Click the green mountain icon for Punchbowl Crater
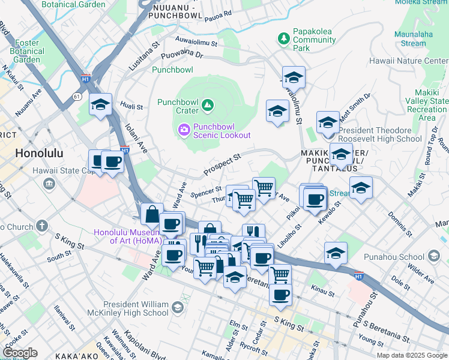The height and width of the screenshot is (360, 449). [x=208, y=106]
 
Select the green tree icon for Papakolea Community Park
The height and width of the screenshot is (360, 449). [x=283, y=39]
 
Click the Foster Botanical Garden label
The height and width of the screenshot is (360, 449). [x=26, y=51]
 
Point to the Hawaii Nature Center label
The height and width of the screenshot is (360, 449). [x=416, y=61]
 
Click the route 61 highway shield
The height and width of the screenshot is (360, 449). [x=76, y=96]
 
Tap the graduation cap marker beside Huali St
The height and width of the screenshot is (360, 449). [x=100, y=105]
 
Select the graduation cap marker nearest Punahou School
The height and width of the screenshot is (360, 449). [x=336, y=253]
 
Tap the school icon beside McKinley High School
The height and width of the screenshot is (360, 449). [x=176, y=308]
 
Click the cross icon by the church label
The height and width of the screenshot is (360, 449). [x=41, y=226]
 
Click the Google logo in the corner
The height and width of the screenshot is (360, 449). [x=20, y=353]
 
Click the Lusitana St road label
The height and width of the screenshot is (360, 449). [x=145, y=52]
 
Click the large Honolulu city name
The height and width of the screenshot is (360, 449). [x=38, y=153]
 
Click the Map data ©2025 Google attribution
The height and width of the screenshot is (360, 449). [x=411, y=355]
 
